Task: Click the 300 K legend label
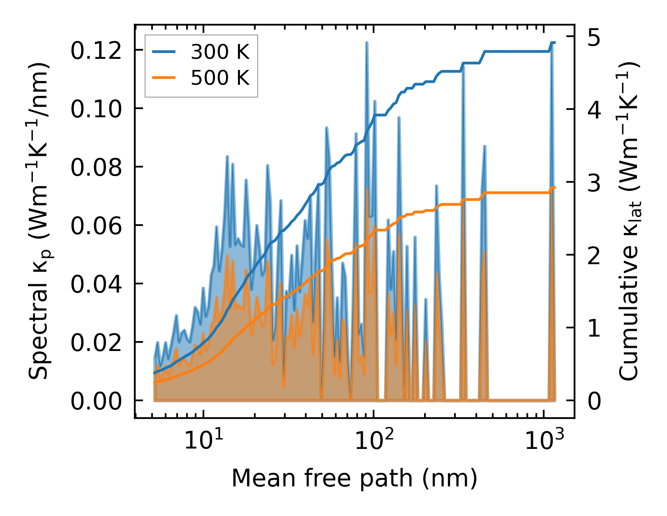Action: point(220,52)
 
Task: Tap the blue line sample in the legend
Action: point(164,52)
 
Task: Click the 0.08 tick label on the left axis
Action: point(96,167)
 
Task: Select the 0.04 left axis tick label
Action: point(96,284)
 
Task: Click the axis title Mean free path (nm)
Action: point(354,478)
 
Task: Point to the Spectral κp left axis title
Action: point(39,221)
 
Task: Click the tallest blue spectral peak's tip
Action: point(366,42)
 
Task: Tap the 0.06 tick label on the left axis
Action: point(96,226)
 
